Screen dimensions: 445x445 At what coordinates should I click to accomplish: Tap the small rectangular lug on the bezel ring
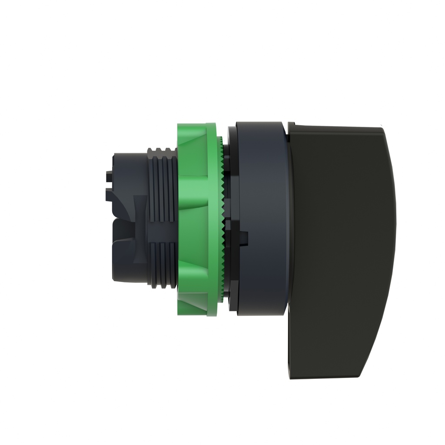coord(243,237)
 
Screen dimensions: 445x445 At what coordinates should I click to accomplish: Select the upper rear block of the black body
coord(126,174)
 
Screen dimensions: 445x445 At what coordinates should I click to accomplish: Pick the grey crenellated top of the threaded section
coord(161,151)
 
